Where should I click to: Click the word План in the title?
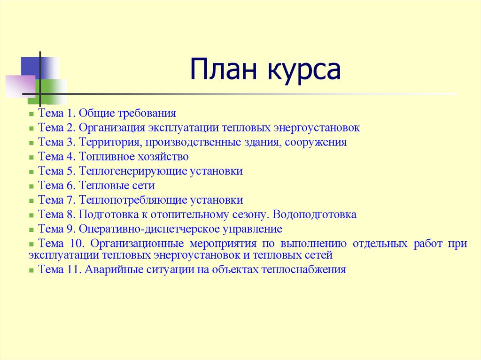click(x=220, y=69)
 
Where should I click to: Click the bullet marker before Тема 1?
click(x=31, y=114)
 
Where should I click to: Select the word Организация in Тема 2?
click(x=112, y=128)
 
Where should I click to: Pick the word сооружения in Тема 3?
click(x=316, y=142)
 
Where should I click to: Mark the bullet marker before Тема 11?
click(x=31, y=271)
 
